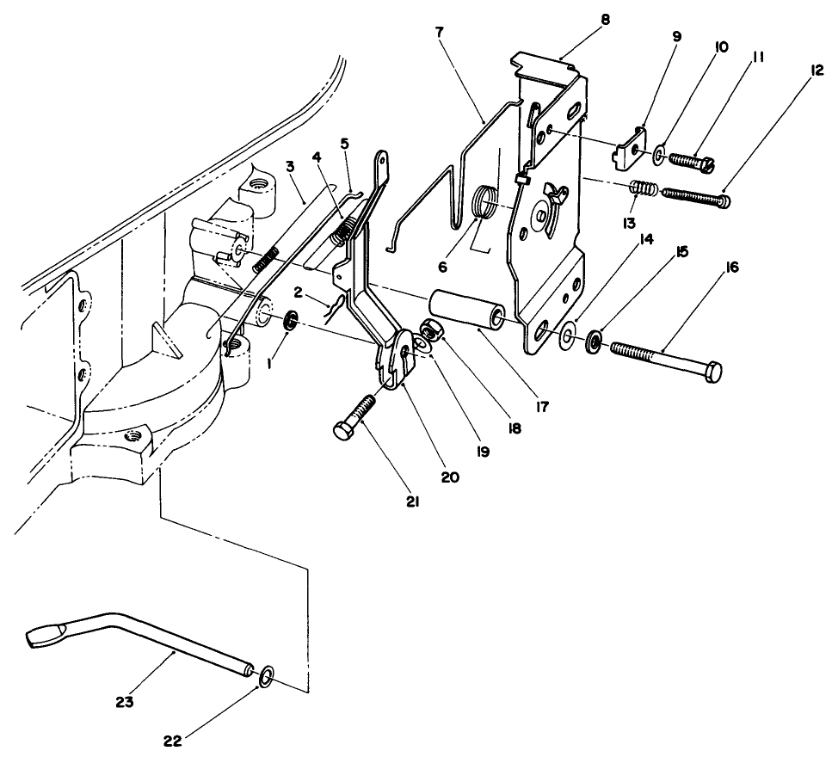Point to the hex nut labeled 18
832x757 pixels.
point(430,329)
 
